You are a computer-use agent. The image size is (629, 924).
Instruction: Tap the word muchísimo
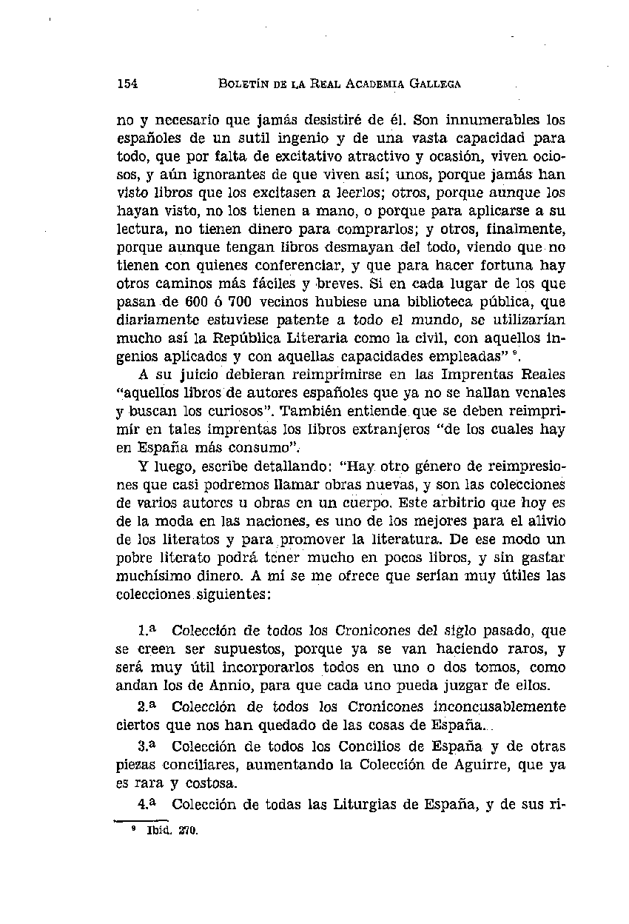(149, 573)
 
